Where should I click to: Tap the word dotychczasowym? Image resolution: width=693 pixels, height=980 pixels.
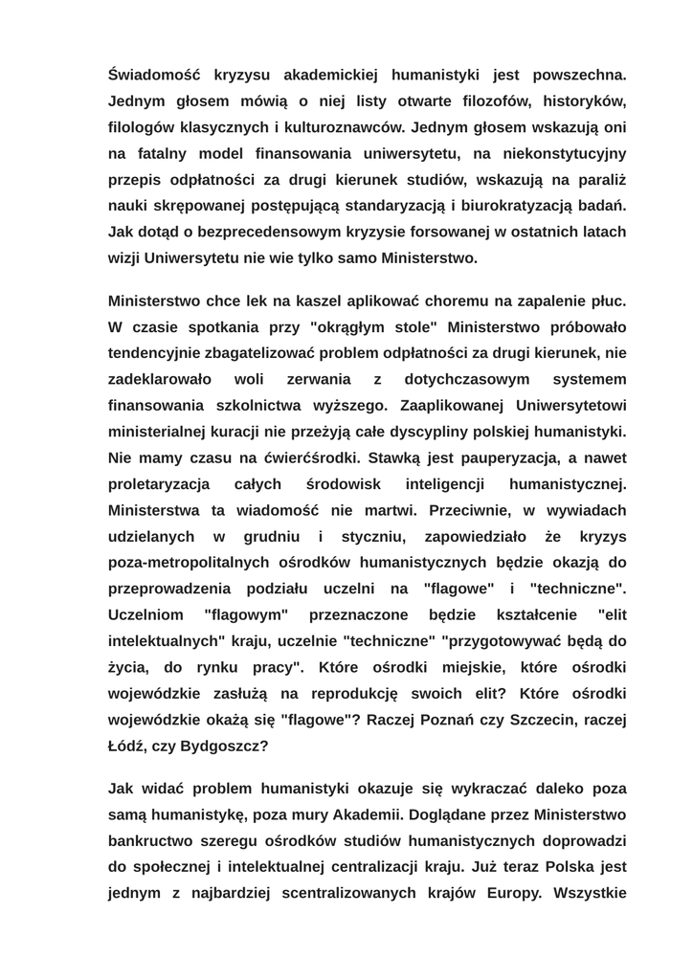pos(467,379)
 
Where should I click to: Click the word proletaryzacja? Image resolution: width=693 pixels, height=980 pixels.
pos(159,484)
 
